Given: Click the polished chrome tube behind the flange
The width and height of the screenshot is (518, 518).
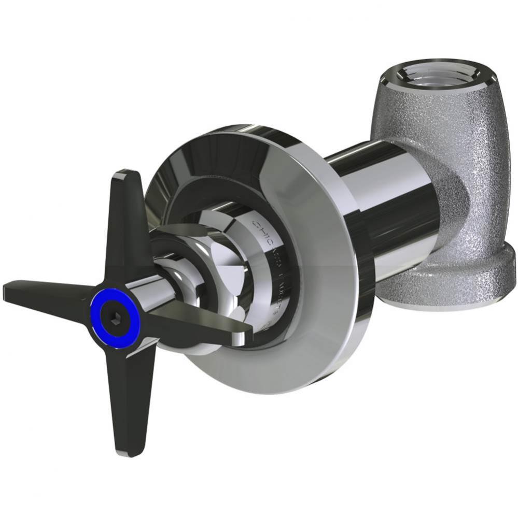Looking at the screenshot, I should (394, 207).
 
